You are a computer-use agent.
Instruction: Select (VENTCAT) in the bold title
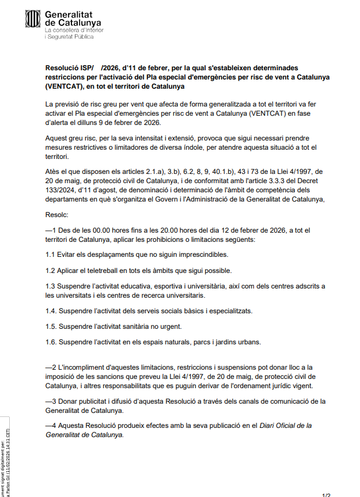[x=64, y=87]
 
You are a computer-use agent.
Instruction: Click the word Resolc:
[x=56, y=214]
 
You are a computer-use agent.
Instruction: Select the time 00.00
[x=100, y=230]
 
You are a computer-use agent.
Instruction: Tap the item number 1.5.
[x=51, y=327]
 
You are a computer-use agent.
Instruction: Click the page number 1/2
[x=326, y=494]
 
